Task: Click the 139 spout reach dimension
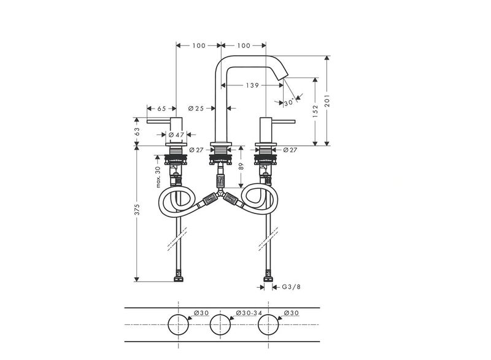pyautogui.click(x=252, y=85)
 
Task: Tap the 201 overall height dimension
pyautogui.click(x=327, y=101)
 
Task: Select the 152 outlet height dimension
pyautogui.click(x=315, y=112)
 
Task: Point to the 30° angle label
pyautogui.click(x=289, y=102)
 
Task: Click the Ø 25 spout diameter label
pyautogui.click(x=196, y=108)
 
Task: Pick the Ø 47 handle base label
pyautogui.click(x=176, y=135)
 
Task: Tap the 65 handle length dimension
pyautogui.click(x=161, y=109)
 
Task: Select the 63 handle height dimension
pyautogui.click(x=137, y=131)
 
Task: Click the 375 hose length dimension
pyautogui.click(x=137, y=209)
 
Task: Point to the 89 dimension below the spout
pyautogui.click(x=241, y=166)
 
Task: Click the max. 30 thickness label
pyautogui.click(x=158, y=177)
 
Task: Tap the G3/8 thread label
pyautogui.click(x=291, y=287)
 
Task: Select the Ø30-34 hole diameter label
pyautogui.click(x=249, y=313)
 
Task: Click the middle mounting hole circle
pyautogui.click(x=220, y=315)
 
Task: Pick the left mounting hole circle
pyautogui.click(x=178, y=315)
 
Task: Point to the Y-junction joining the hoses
pyautogui.click(x=221, y=194)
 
